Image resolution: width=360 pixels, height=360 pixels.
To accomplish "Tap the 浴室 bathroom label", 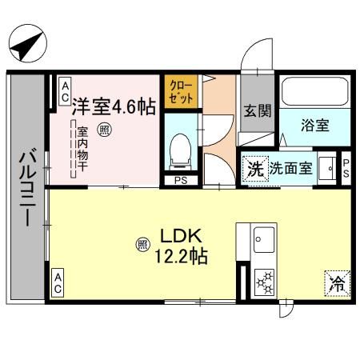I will pyautogui.click(x=313, y=126).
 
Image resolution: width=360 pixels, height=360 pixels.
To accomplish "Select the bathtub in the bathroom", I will pyautogui.click(x=313, y=94).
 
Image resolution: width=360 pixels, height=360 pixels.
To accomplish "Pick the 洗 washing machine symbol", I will pyautogui.click(x=254, y=170).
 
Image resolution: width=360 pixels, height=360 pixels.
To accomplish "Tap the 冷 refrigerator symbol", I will pyautogui.click(x=338, y=282).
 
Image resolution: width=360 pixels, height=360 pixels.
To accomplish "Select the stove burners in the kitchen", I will pyautogui.click(x=263, y=282).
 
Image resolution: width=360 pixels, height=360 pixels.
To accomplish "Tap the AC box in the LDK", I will pyautogui.click(x=58, y=280).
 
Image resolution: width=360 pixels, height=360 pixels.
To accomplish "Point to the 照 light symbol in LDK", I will pyautogui.click(x=142, y=244).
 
